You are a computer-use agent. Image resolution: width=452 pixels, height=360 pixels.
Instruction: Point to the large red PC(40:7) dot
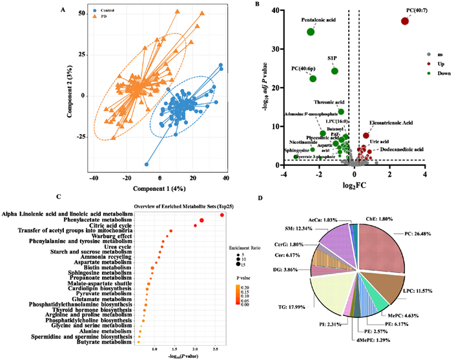pyautogui.click(x=405, y=21)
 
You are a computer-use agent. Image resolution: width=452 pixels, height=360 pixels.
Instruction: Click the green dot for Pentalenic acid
pyautogui.click(x=311, y=32)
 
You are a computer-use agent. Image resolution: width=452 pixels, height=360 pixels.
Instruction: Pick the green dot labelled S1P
pyautogui.click(x=334, y=70)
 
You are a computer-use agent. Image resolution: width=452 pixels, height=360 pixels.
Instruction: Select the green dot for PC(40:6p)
pyautogui.click(x=313, y=79)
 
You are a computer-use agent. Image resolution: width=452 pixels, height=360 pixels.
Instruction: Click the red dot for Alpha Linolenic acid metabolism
pyautogui.click(x=222, y=215)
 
